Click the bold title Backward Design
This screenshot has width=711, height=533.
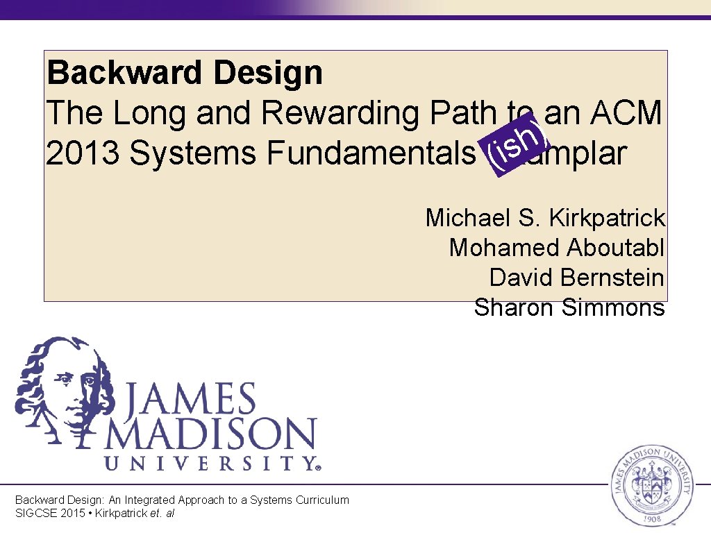click(x=185, y=73)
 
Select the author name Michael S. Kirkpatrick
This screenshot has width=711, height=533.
click(x=545, y=218)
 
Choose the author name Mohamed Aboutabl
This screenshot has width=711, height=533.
click(x=557, y=248)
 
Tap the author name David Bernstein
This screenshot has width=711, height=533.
click(x=577, y=278)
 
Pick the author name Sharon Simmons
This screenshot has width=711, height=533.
click(x=569, y=307)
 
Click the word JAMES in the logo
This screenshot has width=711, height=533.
click(x=190, y=402)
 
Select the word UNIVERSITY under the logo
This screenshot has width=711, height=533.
click(x=208, y=464)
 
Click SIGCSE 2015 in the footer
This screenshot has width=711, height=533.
click(x=52, y=514)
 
